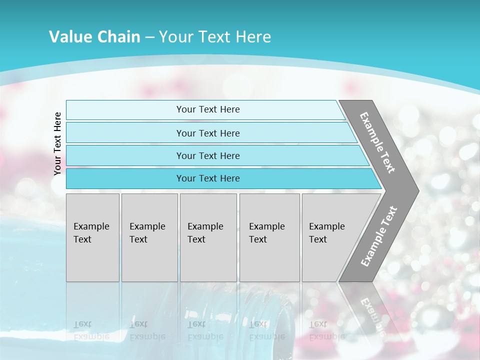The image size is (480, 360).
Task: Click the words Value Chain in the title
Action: coord(94,37)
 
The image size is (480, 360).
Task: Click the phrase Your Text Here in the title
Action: coord(215,37)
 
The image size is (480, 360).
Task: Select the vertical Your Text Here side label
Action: coord(57,143)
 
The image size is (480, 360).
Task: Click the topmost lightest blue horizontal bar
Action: coord(125,110)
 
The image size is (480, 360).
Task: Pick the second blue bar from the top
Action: coord(125,133)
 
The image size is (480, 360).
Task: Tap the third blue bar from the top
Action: coord(125,156)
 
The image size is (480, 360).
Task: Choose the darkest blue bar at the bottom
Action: coord(125,178)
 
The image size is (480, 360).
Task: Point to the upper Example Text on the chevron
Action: coord(377,142)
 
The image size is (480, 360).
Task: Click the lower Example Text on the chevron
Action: coord(379,236)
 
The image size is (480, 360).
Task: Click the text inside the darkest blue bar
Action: coord(208,178)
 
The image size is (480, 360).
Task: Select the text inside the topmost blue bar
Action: coord(208,109)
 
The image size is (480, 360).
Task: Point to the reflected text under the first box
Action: coord(91,330)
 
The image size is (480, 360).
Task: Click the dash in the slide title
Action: coord(149,37)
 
